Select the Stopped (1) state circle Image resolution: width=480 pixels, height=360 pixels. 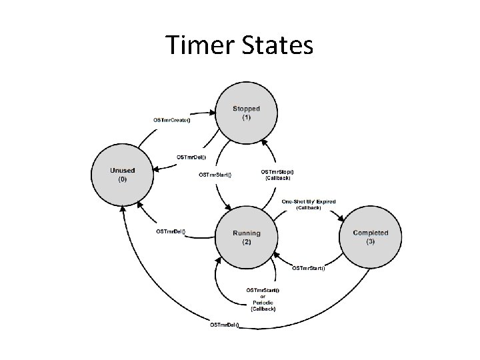pyautogui.click(x=246, y=113)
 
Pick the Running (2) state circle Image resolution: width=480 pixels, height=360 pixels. pyautogui.click(x=246, y=237)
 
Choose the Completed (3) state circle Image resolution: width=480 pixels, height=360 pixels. pyautogui.click(x=370, y=237)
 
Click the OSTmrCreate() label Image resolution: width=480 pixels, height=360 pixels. pyautogui.click(x=172, y=120)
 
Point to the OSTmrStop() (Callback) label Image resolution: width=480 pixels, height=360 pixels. pyautogui.click(x=277, y=175)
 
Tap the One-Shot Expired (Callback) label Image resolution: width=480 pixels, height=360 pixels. pyautogui.click(x=309, y=204)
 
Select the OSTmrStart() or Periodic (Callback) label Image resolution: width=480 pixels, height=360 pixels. pyautogui.click(x=263, y=300)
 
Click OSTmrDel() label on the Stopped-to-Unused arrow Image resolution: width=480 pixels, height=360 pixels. pyautogui.click(x=191, y=157)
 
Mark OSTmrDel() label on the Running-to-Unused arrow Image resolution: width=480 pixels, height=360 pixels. pyautogui.click(x=171, y=231)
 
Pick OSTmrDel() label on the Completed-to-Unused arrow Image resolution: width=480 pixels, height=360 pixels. pyautogui.click(x=225, y=325)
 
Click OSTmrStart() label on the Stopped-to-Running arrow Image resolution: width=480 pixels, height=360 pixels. pyautogui.click(x=215, y=175)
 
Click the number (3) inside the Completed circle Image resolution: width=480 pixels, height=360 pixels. pyautogui.click(x=370, y=241)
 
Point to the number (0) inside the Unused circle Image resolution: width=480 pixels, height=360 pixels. pyautogui.click(x=122, y=179)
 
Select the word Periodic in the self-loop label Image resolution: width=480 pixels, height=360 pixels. pyautogui.click(x=263, y=303)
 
